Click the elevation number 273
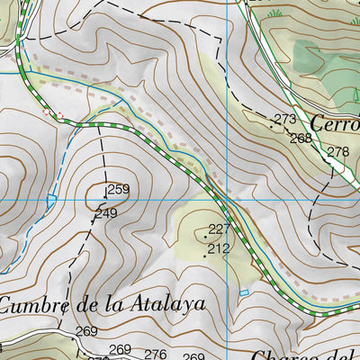point(285,119)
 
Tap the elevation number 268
point(301,138)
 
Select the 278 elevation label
point(337,151)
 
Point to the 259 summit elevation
point(118,190)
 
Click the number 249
point(107,213)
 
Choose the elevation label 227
point(220,229)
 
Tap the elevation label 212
point(219,248)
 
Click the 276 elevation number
point(156,354)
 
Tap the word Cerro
point(335,124)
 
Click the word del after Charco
point(342,355)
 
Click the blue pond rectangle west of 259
point(51,198)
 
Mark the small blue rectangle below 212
point(243,292)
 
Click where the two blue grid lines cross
point(228,199)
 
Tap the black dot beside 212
point(205,254)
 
